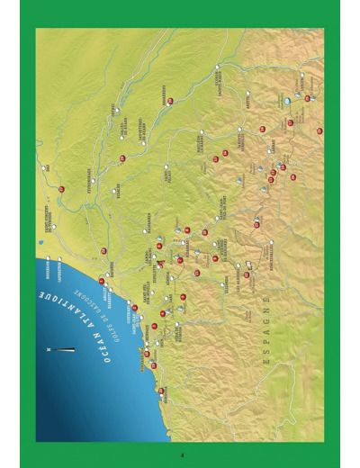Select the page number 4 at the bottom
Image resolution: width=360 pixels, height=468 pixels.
click(x=181, y=454)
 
